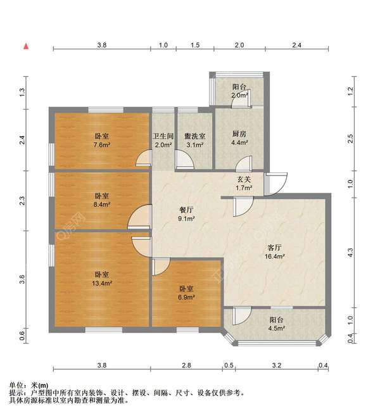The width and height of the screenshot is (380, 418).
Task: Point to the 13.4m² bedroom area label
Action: click(103, 283)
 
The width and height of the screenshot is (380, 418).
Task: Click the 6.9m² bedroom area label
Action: click(186, 296)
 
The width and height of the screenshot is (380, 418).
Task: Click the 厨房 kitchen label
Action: click(239, 134)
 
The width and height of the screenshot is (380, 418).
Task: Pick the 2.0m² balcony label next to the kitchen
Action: click(239, 95)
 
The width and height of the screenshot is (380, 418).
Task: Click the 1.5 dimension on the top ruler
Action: click(195, 45)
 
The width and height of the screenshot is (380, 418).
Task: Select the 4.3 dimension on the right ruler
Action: click(351, 254)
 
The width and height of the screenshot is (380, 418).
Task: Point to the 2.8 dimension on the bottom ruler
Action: click(186, 365)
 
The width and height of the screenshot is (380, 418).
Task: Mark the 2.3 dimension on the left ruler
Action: click(22, 201)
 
